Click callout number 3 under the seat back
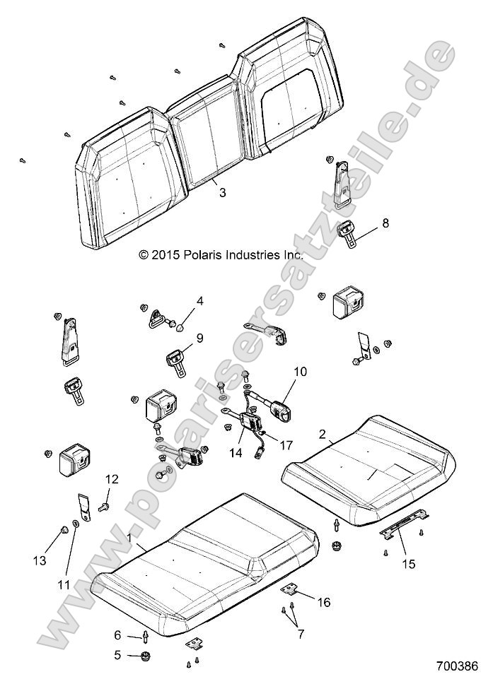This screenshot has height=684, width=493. click(222, 191)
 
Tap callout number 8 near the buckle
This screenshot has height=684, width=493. click(385, 223)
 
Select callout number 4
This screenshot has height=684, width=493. click(200, 302)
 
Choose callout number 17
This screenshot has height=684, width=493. click(287, 446)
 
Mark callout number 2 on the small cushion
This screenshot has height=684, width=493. click(323, 435)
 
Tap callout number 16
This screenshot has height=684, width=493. click(323, 602)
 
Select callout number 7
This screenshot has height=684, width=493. click(300, 635)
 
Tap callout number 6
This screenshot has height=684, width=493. click(117, 635)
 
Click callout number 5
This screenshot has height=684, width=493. click(117, 655)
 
